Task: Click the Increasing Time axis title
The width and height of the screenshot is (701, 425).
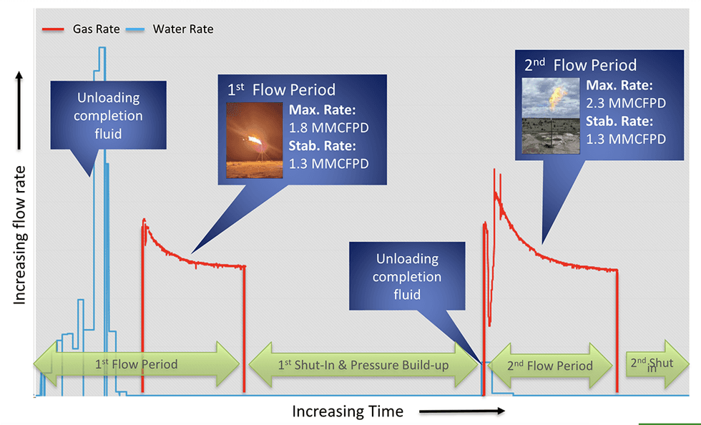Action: [348, 411]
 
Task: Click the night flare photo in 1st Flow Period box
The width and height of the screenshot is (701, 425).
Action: [254, 140]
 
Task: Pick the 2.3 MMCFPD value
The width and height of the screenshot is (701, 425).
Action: [625, 102]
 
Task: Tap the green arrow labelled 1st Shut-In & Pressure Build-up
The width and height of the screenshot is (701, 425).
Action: [363, 365]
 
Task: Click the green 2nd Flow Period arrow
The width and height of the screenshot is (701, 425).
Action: [550, 365]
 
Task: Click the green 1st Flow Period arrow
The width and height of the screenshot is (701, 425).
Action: [137, 364]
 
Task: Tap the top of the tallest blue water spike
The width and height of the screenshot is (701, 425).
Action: [102, 49]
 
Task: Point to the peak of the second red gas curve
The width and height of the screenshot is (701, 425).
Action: [494, 172]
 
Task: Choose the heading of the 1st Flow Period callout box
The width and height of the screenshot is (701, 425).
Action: [281, 90]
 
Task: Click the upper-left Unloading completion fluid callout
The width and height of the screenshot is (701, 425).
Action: [108, 116]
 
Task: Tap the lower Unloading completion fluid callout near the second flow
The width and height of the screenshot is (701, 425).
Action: [407, 276]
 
